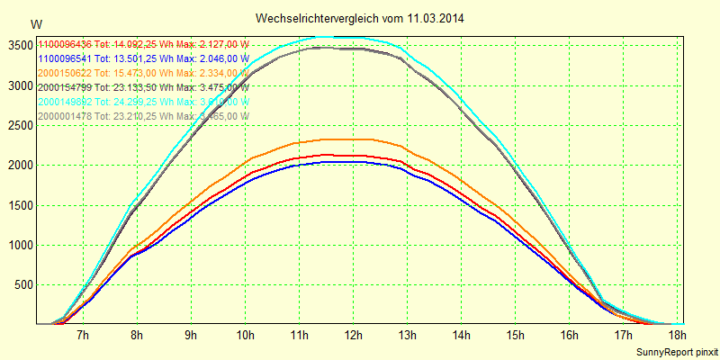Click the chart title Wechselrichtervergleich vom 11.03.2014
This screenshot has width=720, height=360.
tap(359, 18)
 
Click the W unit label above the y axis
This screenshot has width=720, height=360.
tap(35, 23)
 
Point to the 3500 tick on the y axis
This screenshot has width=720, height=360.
tap(19, 45)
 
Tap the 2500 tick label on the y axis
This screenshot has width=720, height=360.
tap(19, 125)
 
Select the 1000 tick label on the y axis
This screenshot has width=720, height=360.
tap(19, 245)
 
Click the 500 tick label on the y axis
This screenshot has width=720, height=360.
tap(22, 285)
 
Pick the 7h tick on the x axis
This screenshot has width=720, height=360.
tap(83, 336)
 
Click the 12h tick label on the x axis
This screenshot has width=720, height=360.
tap(353, 336)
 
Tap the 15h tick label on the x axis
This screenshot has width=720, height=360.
tap(515, 336)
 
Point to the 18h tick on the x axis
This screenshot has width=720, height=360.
tap(677, 336)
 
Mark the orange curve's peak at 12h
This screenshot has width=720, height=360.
tap(353, 139)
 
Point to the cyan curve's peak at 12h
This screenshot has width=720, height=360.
tap(353, 38)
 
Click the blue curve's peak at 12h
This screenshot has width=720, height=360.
tap(353, 163)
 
